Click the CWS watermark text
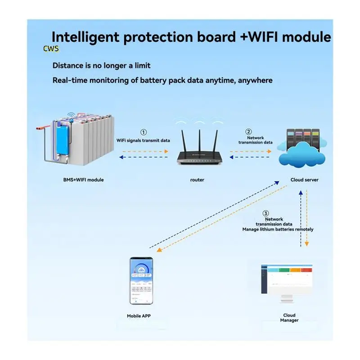click(x=51, y=49)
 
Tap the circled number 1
click(x=144, y=132)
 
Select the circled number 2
click(x=248, y=131)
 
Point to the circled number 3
click(x=265, y=213)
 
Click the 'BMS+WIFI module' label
click(x=83, y=180)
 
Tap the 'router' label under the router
click(x=197, y=180)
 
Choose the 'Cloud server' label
click(x=305, y=180)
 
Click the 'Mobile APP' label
click(x=139, y=316)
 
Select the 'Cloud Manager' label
click(x=289, y=318)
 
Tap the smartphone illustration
click(x=141, y=281)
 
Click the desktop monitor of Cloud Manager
click(x=287, y=283)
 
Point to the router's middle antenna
click(x=199, y=141)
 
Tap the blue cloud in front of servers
click(x=302, y=155)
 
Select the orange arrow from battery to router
click(x=145, y=152)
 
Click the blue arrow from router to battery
click(x=144, y=157)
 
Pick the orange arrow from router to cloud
click(x=251, y=152)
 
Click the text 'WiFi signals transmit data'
click(x=143, y=140)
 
